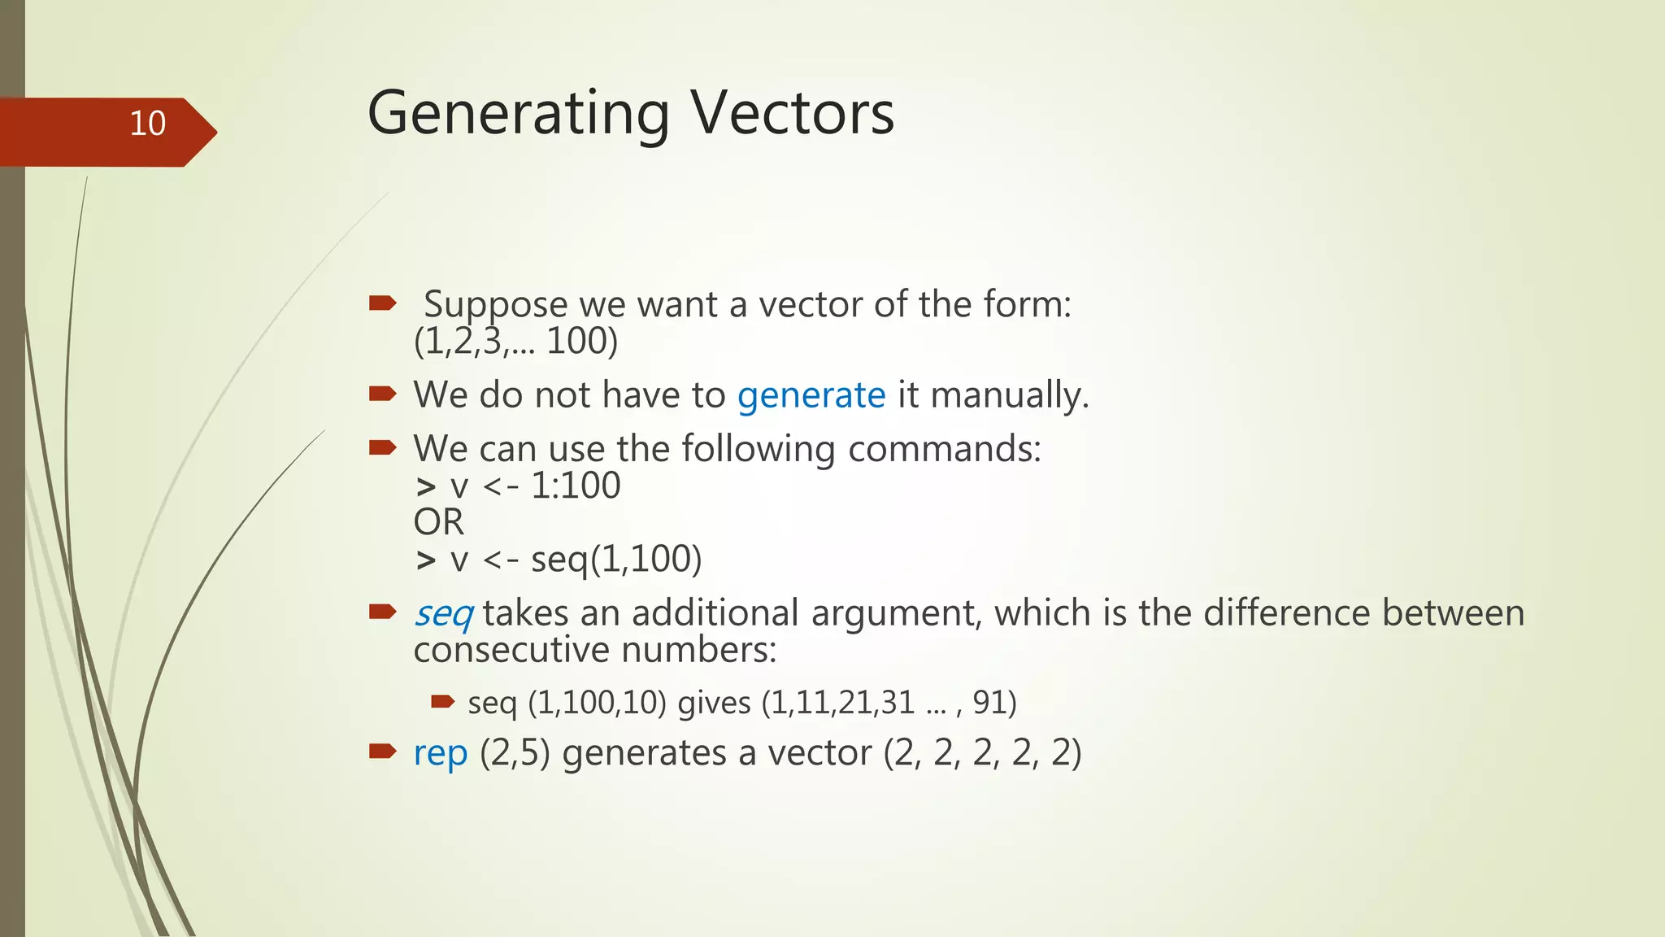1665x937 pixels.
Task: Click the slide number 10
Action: pyautogui.click(x=147, y=124)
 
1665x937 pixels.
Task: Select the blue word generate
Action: pyautogui.click(x=811, y=395)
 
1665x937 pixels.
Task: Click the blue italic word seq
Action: pyautogui.click(x=443, y=614)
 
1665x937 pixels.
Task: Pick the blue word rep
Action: pyautogui.click(x=440, y=753)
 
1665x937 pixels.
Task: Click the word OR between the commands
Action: pyautogui.click(x=438, y=522)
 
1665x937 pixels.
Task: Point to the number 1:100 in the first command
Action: pyautogui.click(x=576, y=486)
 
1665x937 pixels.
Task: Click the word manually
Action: pyautogui.click(x=1009, y=395)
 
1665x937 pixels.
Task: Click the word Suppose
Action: pyautogui.click(x=495, y=305)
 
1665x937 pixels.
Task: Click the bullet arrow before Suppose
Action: pyautogui.click(x=382, y=304)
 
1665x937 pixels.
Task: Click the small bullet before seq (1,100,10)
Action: pyautogui.click(x=442, y=701)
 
